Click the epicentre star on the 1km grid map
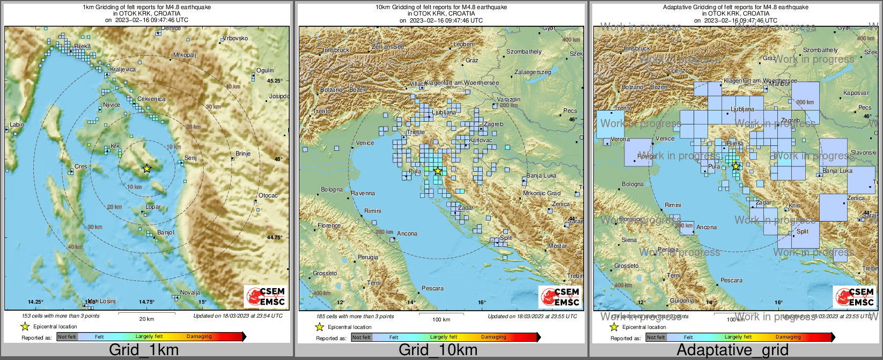tap(146, 168)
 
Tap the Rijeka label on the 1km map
tap(83, 47)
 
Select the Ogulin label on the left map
tap(265, 70)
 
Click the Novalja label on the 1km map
tap(190, 292)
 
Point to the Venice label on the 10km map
tap(365, 143)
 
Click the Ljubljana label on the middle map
tap(444, 113)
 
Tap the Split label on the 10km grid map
tap(505, 238)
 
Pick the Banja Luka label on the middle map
tap(541, 175)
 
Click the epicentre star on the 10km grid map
tap(438, 171)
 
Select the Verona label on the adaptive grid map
tap(620, 139)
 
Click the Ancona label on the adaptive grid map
tap(707, 227)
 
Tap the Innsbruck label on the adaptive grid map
tap(637, 48)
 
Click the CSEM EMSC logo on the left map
tap(265, 297)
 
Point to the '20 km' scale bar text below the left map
tap(146, 319)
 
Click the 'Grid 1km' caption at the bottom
tap(143, 350)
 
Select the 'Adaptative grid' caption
tap(732, 350)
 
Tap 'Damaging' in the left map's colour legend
tap(199, 336)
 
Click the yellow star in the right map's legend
tap(614, 327)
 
